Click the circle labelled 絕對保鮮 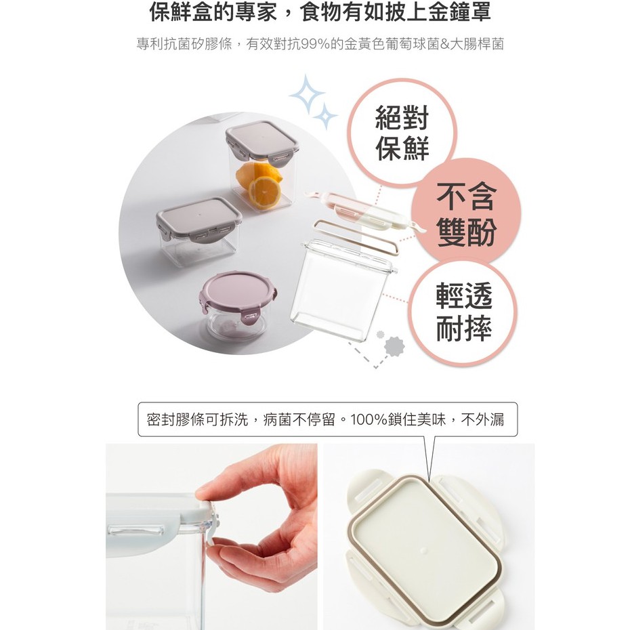pos(402,133)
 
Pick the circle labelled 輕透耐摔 pos(463,312)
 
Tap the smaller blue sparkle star pos(324,116)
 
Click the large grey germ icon pos(394,346)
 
